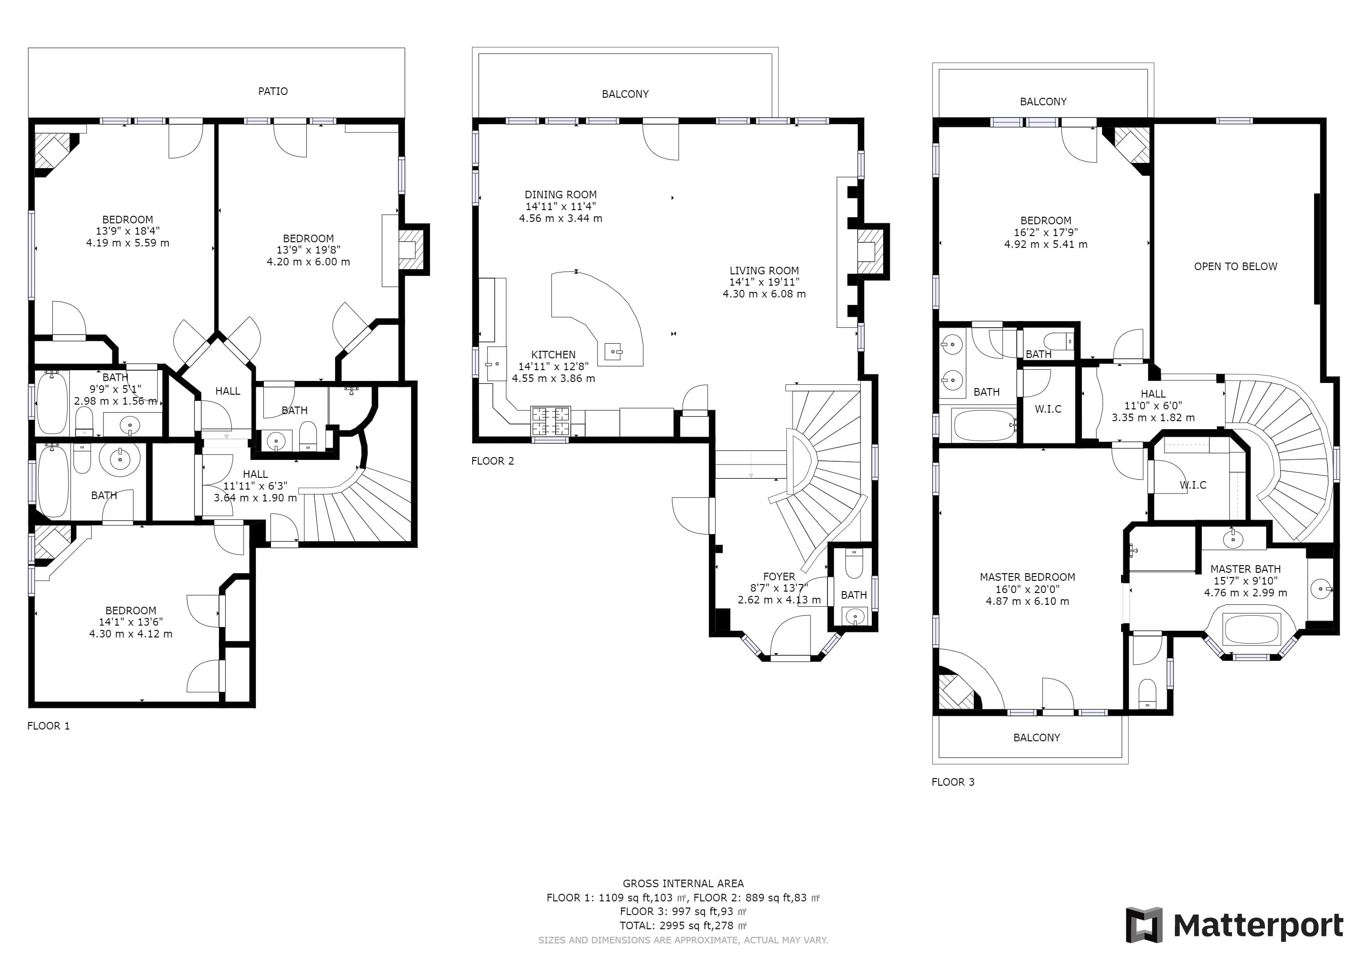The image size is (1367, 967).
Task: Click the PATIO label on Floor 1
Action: [x=273, y=91]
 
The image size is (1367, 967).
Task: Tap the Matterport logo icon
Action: [x=1144, y=925]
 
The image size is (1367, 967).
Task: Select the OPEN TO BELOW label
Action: [x=1235, y=266]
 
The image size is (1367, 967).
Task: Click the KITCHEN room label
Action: [x=553, y=354]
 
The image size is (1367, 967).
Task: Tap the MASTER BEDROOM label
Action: [x=1027, y=577]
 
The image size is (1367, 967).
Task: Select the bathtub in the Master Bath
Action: [x=1250, y=629]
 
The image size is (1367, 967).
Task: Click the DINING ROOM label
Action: [x=560, y=194]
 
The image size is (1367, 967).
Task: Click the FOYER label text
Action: [x=779, y=577]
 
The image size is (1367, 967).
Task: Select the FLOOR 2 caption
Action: [x=492, y=461]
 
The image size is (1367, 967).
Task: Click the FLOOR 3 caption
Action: [x=953, y=782]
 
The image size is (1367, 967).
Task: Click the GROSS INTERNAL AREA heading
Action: [x=683, y=883]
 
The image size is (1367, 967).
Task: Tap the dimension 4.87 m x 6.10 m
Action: [x=1027, y=601]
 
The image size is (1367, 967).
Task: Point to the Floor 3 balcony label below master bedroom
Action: [x=1037, y=737]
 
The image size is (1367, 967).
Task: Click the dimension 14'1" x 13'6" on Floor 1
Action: [x=130, y=622]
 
